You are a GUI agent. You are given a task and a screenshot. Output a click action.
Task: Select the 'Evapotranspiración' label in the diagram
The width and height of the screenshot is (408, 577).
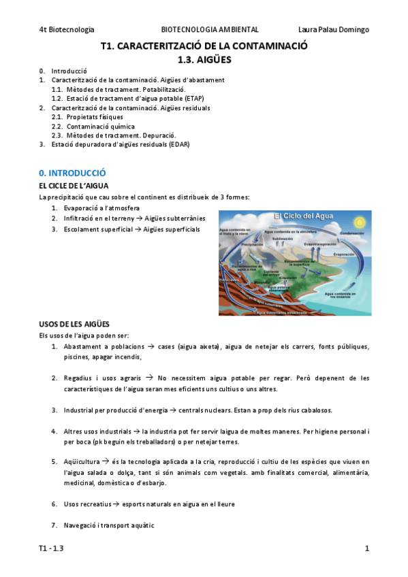coord(321,244)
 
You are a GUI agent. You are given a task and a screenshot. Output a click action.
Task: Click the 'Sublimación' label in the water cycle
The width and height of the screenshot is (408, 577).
coord(283,239)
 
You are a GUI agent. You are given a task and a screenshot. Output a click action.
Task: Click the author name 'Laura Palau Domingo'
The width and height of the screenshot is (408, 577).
coord(334,30)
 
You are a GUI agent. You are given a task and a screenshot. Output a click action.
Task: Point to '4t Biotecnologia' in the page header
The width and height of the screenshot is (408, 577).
coord(66,30)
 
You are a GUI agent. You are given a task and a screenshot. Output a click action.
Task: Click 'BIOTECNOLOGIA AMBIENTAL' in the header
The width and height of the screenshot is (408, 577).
coord(210,30)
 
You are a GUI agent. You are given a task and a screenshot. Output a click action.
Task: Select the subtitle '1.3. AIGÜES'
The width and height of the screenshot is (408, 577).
coord(204,60)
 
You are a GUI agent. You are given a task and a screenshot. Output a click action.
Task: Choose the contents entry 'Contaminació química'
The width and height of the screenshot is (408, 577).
coord(101,127)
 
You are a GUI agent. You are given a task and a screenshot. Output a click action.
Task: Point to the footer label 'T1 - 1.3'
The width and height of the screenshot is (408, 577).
coord(52,548)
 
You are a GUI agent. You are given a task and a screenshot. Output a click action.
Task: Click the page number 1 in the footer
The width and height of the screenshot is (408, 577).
coord(366,548)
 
